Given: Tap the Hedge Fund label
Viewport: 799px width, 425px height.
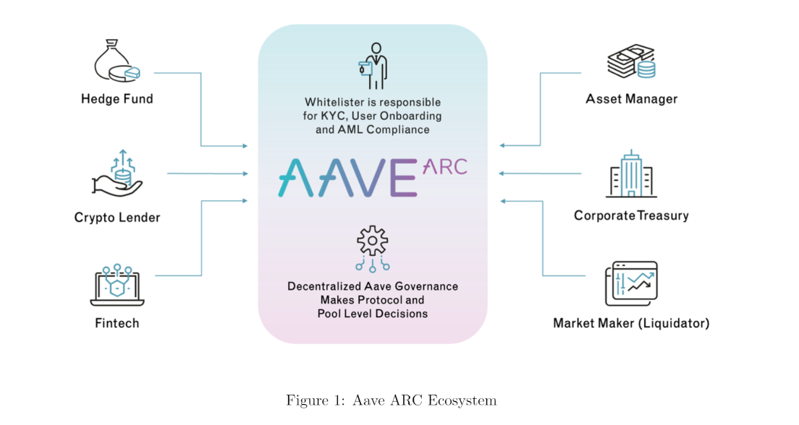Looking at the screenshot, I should (117, 99).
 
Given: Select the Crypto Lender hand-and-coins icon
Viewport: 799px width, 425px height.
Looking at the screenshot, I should (117, 173).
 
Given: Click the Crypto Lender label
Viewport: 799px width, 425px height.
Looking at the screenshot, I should (117, 218).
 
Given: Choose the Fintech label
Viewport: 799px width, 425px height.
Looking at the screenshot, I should (117, 323).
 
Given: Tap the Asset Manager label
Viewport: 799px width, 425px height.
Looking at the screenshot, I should (631, 99).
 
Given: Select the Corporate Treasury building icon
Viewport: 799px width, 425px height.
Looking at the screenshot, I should (631, 174).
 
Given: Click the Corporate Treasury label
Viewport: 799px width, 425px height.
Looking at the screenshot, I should (631, 215).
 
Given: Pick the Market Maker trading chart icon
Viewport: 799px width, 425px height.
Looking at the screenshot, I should (631, 284).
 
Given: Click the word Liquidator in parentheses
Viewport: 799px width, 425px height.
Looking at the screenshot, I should (675, 323).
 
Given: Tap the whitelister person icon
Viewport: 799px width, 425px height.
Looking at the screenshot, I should (373, 66).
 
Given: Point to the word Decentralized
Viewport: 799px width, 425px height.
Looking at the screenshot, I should (322, 286).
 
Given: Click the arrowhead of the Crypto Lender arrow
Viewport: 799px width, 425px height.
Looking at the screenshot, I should (245, 173).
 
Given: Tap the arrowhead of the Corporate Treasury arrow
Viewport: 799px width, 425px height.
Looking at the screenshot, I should (502, 173).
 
